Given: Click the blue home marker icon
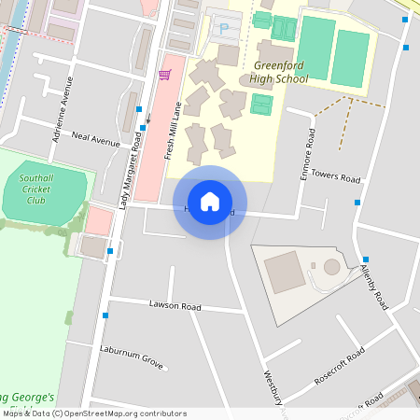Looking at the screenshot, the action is pyautogui.click(x=210, y=202).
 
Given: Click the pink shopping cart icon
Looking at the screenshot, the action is pyautogui.click(x=165, y=74).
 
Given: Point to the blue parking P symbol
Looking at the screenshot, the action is pyautogui.click(x=223, y=30).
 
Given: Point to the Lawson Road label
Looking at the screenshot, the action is pyautogui.click(x=175, y=305).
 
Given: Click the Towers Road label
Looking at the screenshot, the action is pyautogui.click(x=336, y=175).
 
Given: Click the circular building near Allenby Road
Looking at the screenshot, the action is pyautogui.click(x=331, y=268).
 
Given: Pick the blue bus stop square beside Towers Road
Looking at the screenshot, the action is pyautogui.click(x=357, y=202).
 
